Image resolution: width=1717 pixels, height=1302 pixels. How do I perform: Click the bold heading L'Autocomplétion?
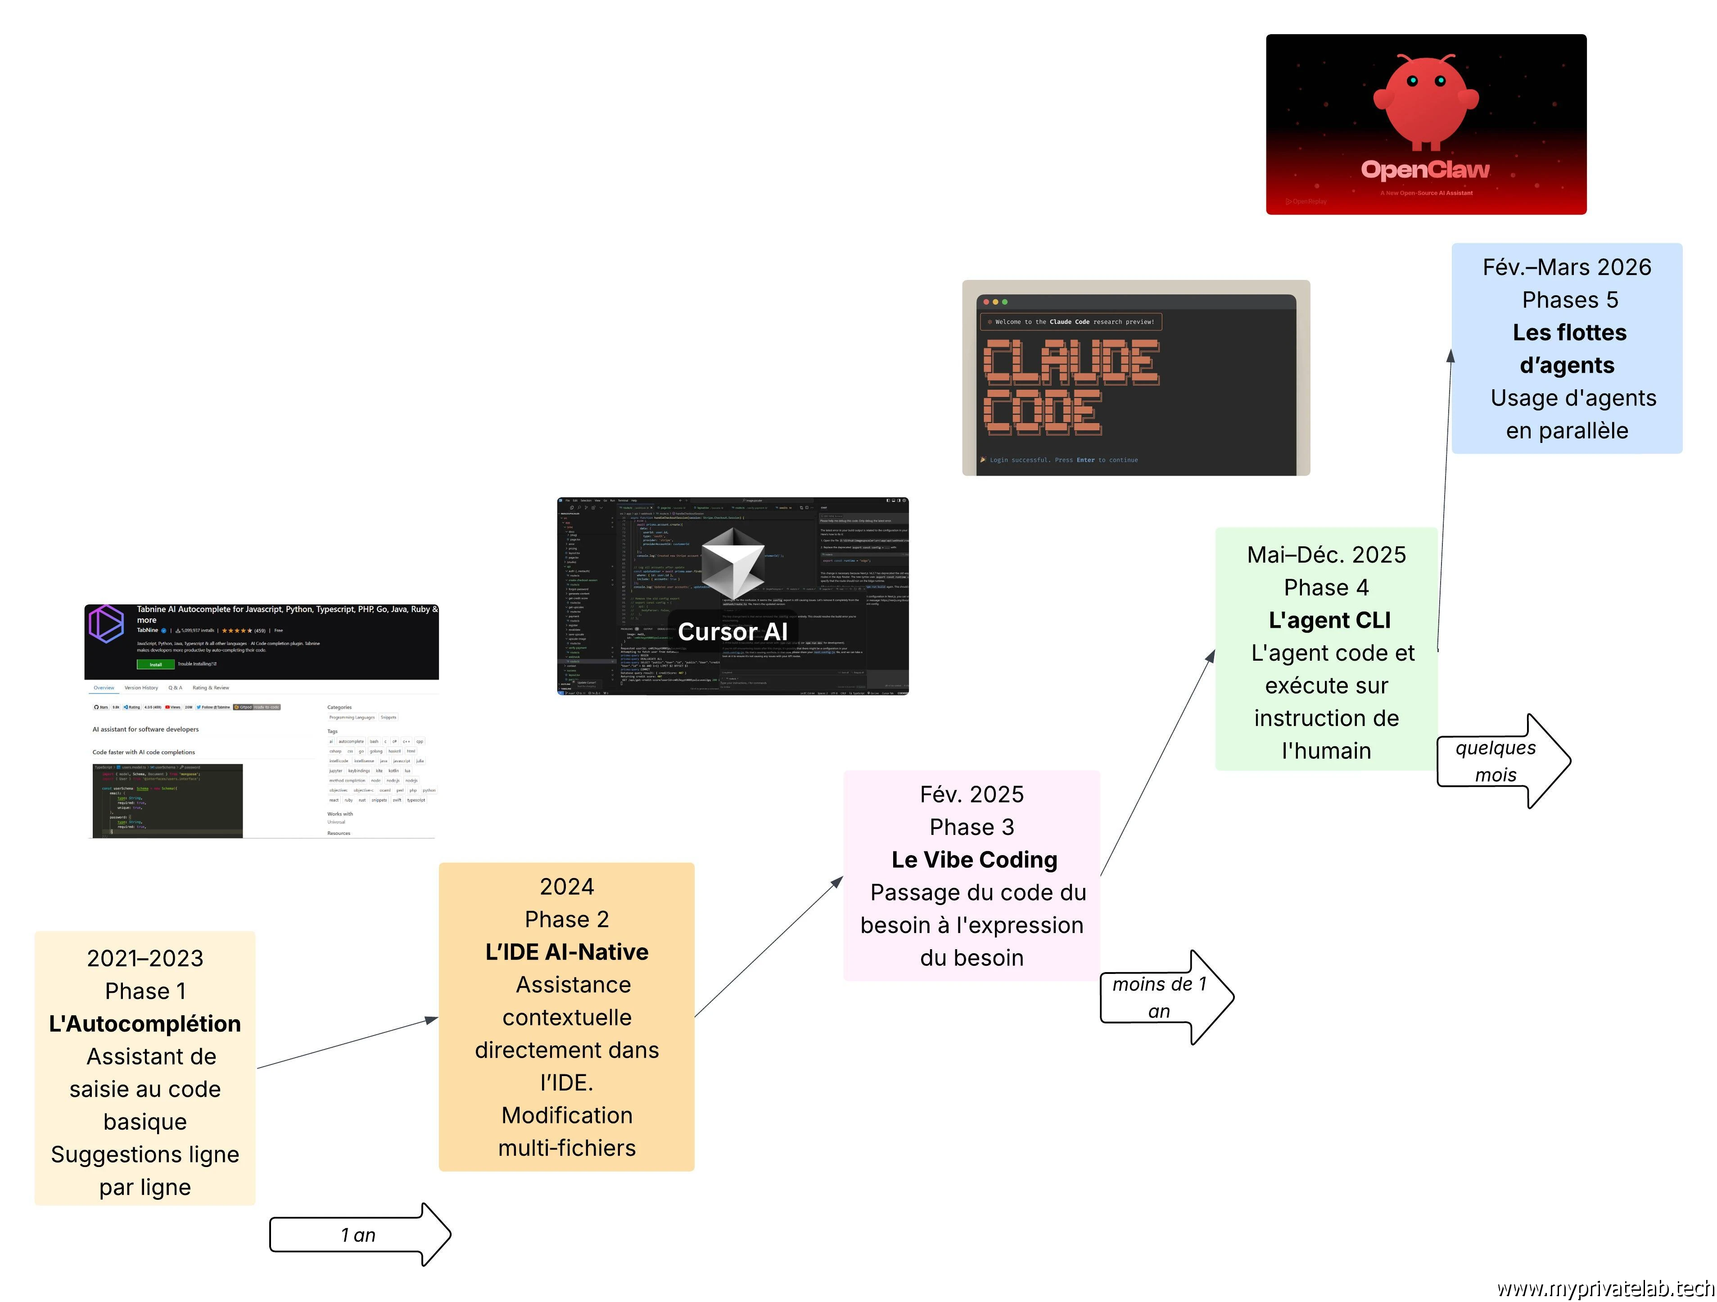[x=145, y=1023]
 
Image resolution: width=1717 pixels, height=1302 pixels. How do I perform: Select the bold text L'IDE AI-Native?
[x=567, y=952]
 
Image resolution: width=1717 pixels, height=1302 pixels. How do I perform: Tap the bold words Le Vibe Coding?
[x=974, y=860]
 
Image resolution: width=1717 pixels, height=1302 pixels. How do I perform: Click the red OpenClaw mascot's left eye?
[x=1412, y=81]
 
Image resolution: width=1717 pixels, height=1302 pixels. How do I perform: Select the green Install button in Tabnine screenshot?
[x=155, y=664]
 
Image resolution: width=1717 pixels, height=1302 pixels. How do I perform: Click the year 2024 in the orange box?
[x=567, y=886]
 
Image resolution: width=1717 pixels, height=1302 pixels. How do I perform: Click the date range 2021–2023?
[x=145, y=958]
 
